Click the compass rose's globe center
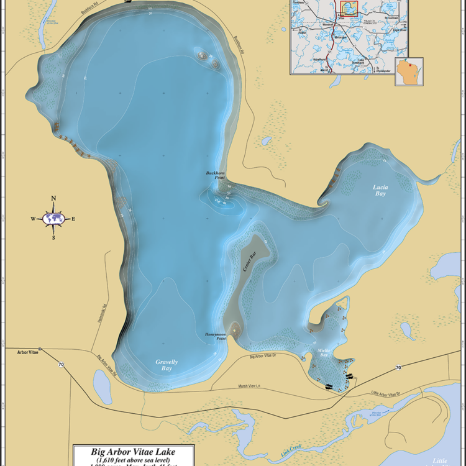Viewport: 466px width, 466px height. pos(53,218)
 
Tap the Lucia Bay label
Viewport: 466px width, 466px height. pos(380,190)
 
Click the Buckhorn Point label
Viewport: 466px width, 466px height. pos(216,175)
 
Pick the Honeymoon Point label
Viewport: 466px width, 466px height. pos(215,336)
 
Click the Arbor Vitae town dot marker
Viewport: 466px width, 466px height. pos(40,349)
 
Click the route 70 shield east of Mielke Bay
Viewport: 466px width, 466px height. pos(398,368)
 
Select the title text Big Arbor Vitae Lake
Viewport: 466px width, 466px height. pos(134,452)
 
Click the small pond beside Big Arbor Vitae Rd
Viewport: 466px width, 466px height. pos(101,380)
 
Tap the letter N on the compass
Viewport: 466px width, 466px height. pos(53,199)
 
